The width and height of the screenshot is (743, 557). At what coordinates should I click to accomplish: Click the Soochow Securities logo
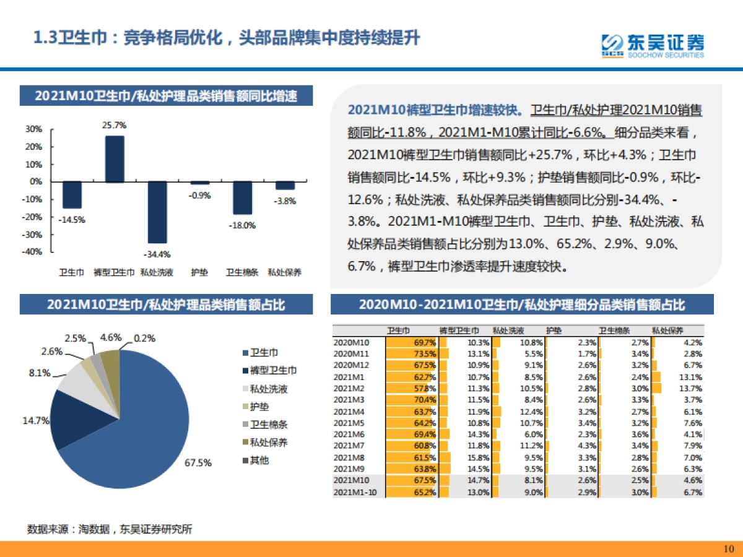(x=653, y=45)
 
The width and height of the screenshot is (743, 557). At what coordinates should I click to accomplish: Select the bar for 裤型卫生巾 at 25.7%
(x=114, y=159)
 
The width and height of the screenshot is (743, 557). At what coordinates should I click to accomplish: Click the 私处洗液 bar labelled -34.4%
(x=157, y=212)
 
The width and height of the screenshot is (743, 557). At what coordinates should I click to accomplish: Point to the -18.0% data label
(x=242, y=225)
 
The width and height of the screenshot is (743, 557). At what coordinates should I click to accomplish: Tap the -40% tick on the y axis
(x=33, y=252)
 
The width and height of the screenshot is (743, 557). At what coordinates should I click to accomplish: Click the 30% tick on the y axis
(x=34, y=129)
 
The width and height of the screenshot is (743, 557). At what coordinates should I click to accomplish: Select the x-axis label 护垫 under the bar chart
(x=199, y=272)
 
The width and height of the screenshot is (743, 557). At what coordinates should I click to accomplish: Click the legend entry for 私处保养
(x=268, y=443)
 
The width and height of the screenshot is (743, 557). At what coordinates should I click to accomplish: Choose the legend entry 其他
(x=259, y=460)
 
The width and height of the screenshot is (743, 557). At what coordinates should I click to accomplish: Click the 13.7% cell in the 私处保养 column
(x=691, y=388)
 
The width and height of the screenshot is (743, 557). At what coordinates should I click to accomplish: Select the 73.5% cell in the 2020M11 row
(x=425, y=353)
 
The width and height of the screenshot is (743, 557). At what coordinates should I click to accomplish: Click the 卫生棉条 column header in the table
(x=614, y=330)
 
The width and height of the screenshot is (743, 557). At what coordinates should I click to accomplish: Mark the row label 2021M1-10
(x=355, y=492)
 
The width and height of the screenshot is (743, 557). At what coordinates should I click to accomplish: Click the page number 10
(x=728, y=548)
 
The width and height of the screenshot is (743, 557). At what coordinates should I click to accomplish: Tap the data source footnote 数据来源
(x=110, y=529)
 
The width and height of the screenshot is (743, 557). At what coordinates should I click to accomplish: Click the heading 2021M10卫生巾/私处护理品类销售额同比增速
(x=166, y=97)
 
